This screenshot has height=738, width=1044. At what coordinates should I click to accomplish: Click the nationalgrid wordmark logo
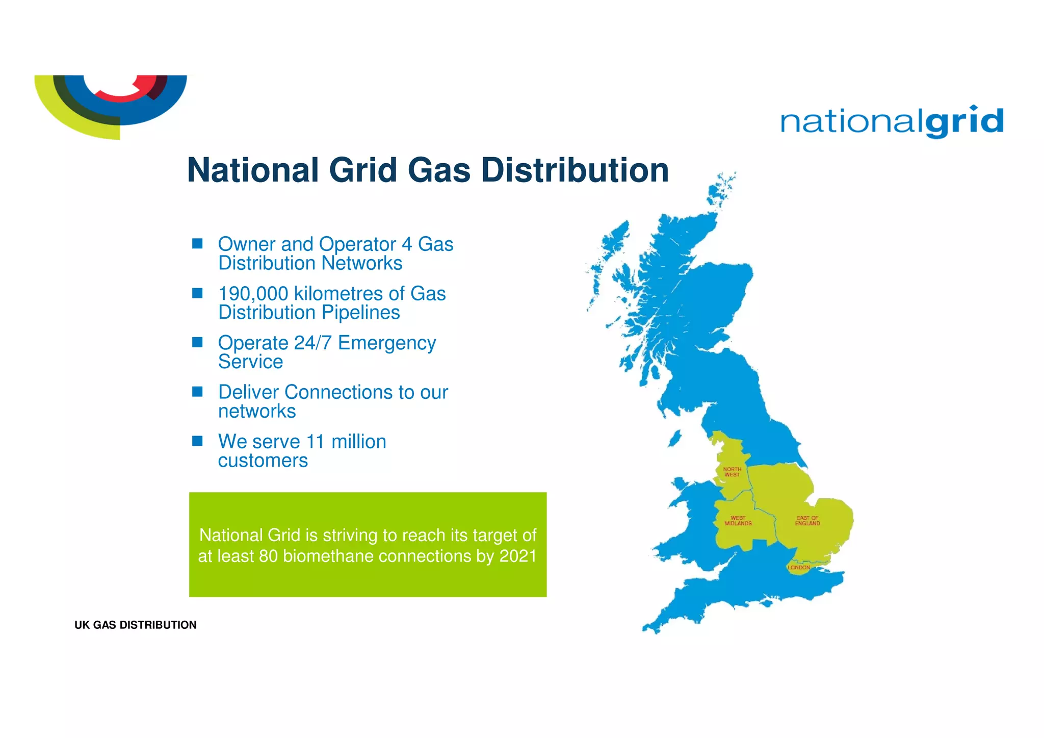point(892,122)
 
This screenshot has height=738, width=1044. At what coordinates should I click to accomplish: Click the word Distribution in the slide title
point(575,170)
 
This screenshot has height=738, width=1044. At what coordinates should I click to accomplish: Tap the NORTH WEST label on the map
point(732,472)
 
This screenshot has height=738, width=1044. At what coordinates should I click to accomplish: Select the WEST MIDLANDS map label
point(738,521)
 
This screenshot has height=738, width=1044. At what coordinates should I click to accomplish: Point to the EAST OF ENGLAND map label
point(807,521)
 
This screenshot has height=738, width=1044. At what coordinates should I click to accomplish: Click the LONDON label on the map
point(798,568)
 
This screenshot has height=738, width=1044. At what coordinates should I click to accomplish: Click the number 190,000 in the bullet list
point(253,294)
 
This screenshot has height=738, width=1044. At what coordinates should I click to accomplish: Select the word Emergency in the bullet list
point(387,343)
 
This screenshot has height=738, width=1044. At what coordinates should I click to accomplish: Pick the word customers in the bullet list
point(263,461)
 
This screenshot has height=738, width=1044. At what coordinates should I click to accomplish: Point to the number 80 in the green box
point(268,556)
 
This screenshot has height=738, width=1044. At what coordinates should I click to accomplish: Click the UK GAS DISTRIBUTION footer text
point(135,625)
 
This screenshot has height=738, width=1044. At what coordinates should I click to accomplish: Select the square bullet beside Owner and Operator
point(197,243)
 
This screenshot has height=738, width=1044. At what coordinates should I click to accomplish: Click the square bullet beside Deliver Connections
point(197,391)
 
